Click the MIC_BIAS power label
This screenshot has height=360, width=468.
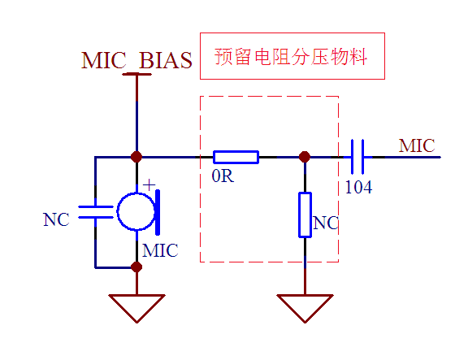pyautogui.click(x=136, y=60)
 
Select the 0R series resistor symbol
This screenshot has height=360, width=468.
pyautogui.click(x=236, y=157)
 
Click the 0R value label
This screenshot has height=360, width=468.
pyautogui.click(x=223, y=176)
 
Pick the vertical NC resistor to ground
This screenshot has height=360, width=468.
pyautogui.click(x=305, y=215)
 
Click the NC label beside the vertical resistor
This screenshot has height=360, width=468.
pyautogui.click(x=326, y=223)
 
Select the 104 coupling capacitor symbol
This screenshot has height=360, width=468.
pyautogui.click(x=357, y=157)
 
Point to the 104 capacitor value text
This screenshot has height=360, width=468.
pyautogui.click(x=358, y=188)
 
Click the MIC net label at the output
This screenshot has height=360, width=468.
pyautogui.click(x=417, y=145)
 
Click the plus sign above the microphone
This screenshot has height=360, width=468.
pyautogui.click(x=149, y=185)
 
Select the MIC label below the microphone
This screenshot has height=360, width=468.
pyautogui.click(x=160, y=250)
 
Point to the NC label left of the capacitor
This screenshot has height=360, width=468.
pyautogui.click(x=56, y=219)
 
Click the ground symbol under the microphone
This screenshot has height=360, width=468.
pyautogui.click(x=136, y=308)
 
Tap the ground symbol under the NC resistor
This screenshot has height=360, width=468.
pyautogui.click(x=305, y=308)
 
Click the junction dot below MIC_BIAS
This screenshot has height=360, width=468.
pyautogui.click(x=136, y=157)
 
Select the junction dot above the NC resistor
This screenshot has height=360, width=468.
pyautogui.click(x=305, y=157)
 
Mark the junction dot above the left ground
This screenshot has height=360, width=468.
pyautogui.click(x=136, y=267)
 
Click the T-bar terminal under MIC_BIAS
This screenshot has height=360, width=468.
pyautogui.click(x=136, y=74)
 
